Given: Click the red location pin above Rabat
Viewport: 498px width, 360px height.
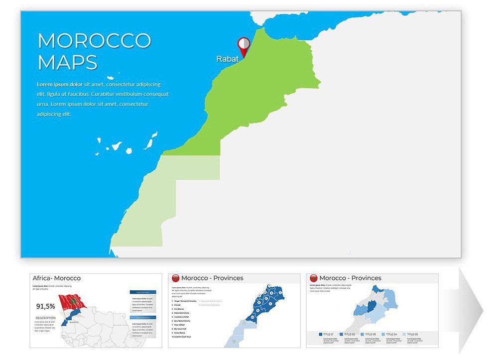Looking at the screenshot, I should (x=244, y=45).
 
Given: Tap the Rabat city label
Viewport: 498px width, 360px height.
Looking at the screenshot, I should (x=227, y=59).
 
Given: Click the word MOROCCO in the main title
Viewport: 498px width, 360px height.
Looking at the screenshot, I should (x=94, y=41).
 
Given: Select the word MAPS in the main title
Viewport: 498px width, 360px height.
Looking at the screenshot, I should (x=67, y=62).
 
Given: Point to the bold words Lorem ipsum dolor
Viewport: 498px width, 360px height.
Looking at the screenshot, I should (x=59, y=85).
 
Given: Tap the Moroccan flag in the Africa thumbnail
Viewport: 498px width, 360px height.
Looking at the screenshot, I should (x=72, y=302).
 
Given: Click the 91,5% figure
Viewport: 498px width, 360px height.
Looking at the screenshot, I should (x=46, y=306).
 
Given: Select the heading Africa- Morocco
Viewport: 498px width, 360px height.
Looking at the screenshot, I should (x=56, y=278).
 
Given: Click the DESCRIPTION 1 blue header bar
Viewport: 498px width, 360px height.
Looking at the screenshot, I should (x=143, y=292).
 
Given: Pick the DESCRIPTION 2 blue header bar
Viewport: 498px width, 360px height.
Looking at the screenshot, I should (x=143, y=317).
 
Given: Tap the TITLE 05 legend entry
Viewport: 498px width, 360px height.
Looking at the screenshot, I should (x=412, y=334).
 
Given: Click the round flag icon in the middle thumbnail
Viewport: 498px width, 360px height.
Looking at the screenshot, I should (x=175, y=278).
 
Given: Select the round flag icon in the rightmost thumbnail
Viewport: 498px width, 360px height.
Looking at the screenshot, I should (x=314, y=278).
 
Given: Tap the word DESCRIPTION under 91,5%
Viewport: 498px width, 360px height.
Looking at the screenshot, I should (x=45, y=317).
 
